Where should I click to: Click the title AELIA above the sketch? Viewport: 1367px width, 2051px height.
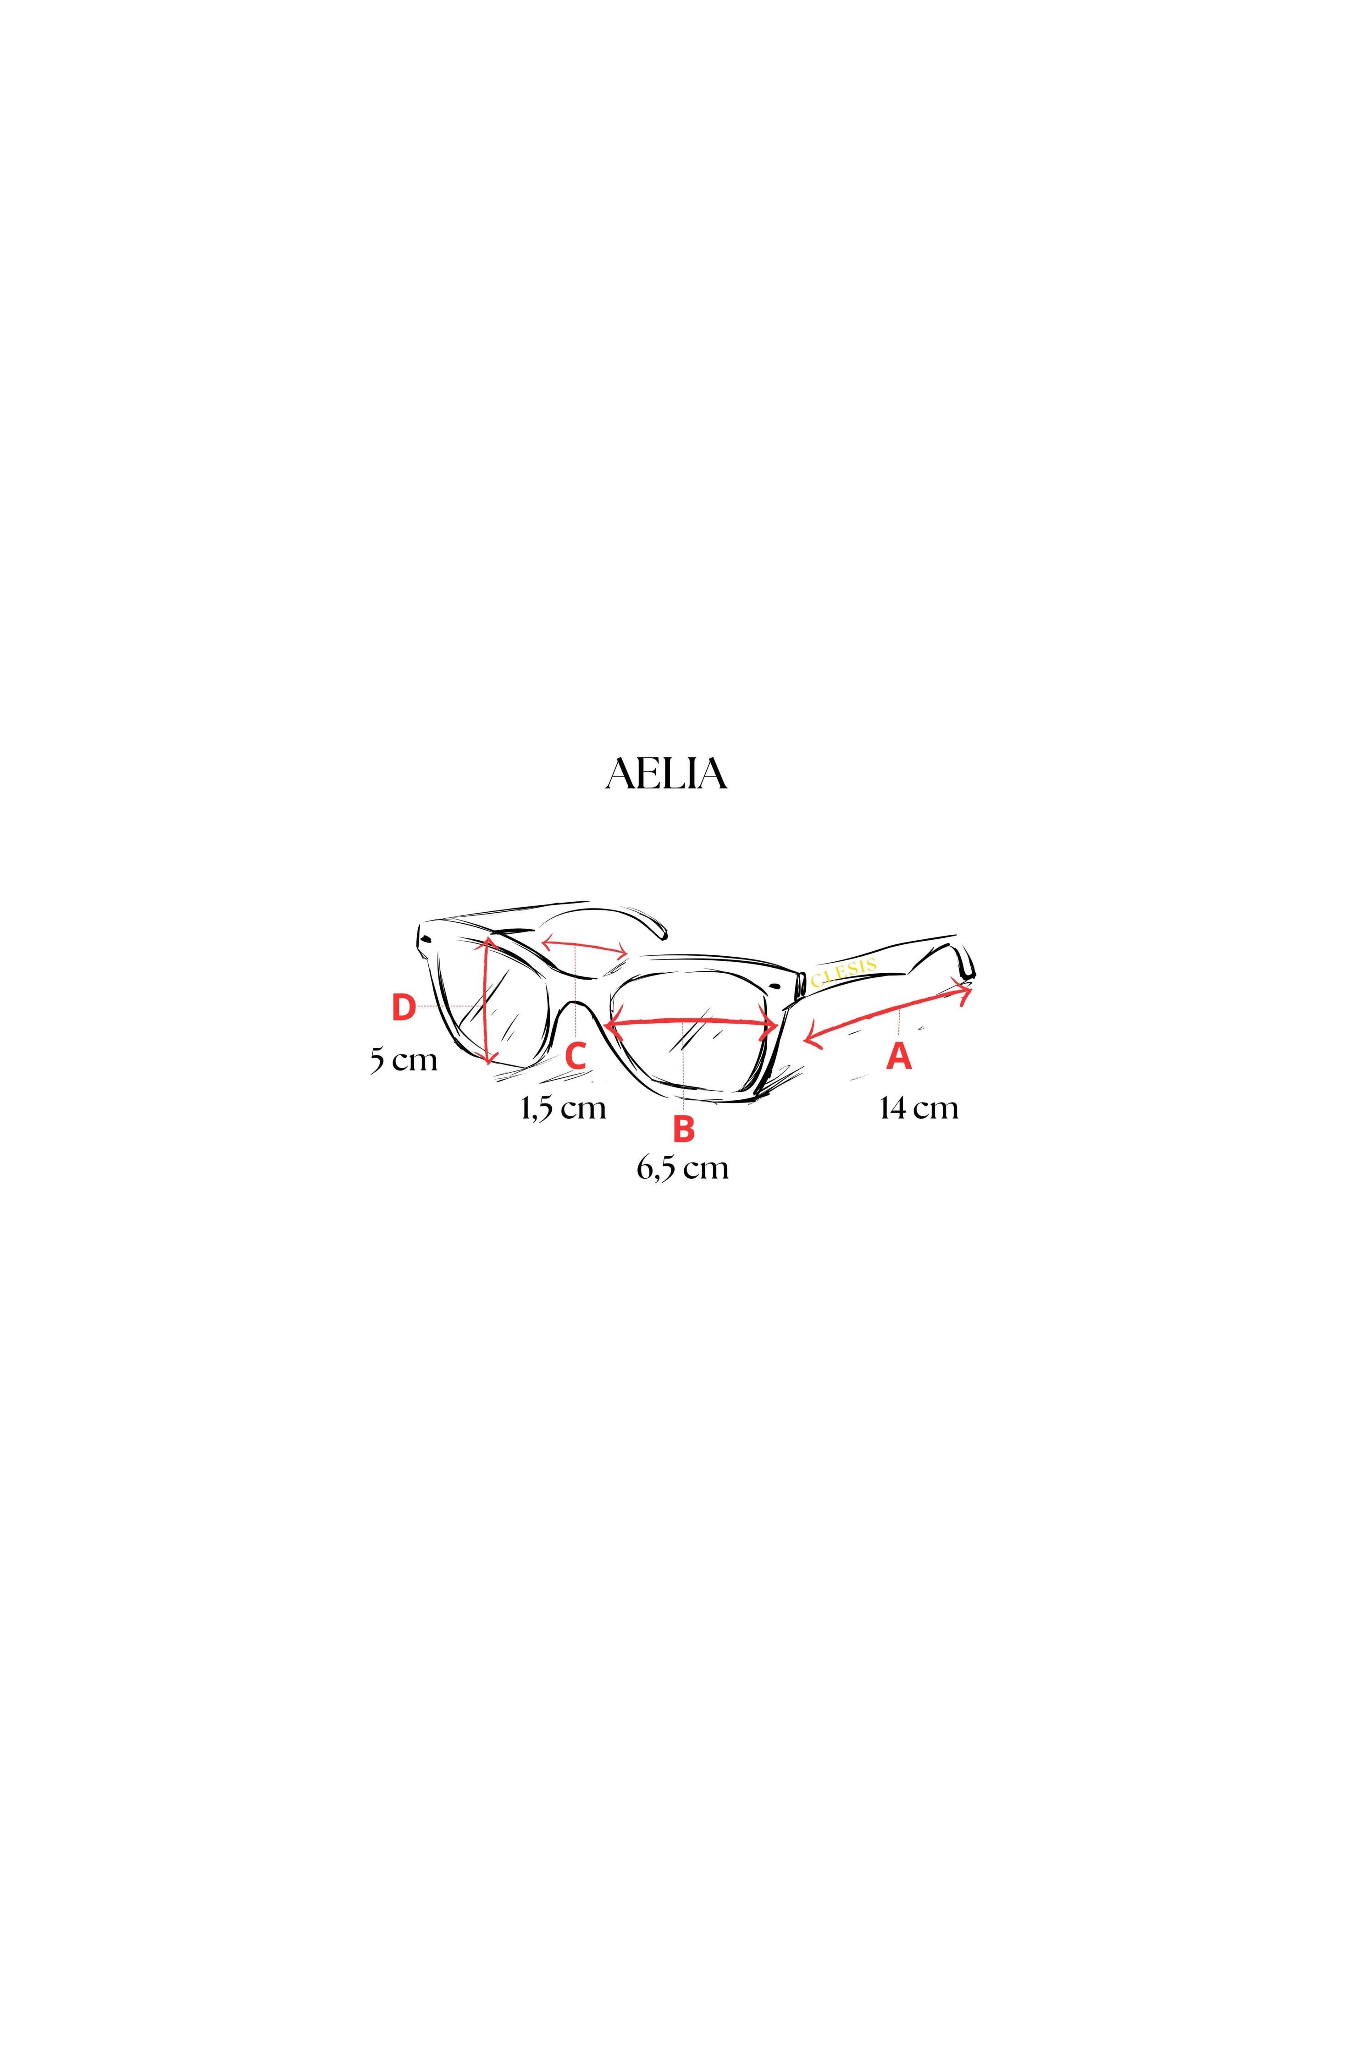666,774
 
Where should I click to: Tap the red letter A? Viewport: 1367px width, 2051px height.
899,1056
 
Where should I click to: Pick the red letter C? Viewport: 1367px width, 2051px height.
576,1056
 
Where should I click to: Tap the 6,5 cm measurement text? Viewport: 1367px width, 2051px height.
683,1167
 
